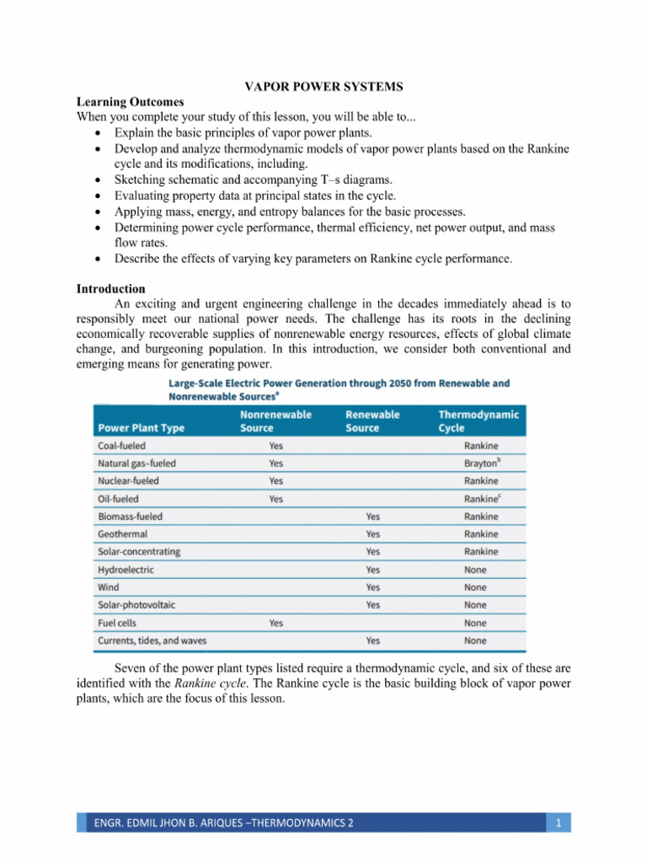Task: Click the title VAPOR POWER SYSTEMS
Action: tap(323, 87)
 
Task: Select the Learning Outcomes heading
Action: tap(130, 102)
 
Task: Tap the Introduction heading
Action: tap(110, 289)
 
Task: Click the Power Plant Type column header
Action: tap(141, 427)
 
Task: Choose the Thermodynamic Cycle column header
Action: tap(479, 421)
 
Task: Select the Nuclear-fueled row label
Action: tap(128, 480)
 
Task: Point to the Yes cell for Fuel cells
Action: tap(276, 623)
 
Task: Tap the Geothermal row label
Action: tap(122, 534)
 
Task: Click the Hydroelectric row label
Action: tap(126, 570)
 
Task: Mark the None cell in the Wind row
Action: tap(475, 587)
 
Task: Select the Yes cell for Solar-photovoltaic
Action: tap(373, 605)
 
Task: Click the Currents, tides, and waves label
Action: tap(152, 641)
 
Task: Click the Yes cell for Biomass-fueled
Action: tap(373, 517)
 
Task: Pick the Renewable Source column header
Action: tap(372, 421)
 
